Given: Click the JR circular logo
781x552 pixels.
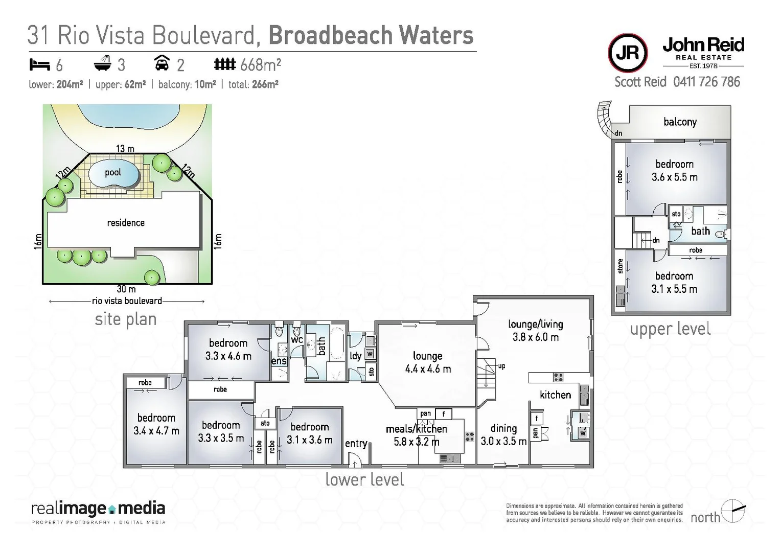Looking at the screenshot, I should click(x=628, y=53).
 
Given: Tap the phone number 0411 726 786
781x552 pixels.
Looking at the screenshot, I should click(x=706, y=82).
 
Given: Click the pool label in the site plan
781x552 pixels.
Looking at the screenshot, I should click(x=113, y=172).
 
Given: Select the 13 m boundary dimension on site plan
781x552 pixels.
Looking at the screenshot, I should click(x=125, y=149).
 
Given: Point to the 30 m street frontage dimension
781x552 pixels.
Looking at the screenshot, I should click(x=126, y=289).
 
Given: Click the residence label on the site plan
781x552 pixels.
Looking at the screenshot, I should click(x=126, y=223).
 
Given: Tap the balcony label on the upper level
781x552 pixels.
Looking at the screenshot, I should click(x=680, y=122).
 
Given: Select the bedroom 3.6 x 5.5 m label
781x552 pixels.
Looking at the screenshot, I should click(x=674, y=171).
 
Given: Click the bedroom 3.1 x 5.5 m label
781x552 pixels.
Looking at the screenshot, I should click(x=674, y=283).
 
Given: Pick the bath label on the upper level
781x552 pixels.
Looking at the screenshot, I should click(x=700, y=231).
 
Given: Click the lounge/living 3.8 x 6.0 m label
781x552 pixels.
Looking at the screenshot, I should click(x=535, y=330).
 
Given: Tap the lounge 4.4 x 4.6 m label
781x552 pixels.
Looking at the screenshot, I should click(x=428, y=362).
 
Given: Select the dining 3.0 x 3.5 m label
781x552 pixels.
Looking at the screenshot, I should click(x=503, y=435).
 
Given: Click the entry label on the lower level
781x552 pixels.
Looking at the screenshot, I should click(x=356, y=443).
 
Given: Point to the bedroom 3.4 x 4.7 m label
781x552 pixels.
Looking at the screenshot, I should click(x=156, y=424).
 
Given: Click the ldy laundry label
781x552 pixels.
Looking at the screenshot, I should click(x=356, y=356).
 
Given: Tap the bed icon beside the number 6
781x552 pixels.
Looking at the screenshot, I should click(x=39, y=65).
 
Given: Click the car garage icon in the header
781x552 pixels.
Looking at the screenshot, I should click(x=162, y=63).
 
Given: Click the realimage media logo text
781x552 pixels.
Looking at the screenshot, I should click(x=98, y=509).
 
